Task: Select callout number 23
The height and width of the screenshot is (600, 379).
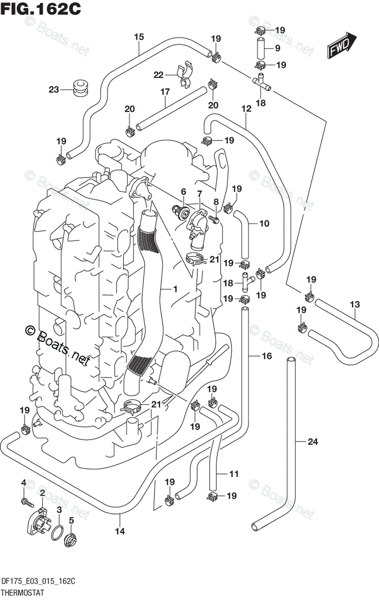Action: [54, 90]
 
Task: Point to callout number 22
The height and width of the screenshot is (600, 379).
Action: [159, 75]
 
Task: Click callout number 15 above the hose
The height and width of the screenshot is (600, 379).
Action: [139, 36]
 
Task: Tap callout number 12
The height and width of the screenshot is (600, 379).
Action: [246, 108]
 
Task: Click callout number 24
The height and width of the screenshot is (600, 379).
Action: [313, 441]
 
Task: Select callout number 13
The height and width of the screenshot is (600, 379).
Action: [355, 304]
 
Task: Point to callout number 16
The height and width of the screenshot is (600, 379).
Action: [266, 356]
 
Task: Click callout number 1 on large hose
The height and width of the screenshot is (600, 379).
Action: [175, 289]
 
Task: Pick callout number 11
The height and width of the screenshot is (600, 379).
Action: [234, 473]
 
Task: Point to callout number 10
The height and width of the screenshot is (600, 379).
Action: [264, 223]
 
